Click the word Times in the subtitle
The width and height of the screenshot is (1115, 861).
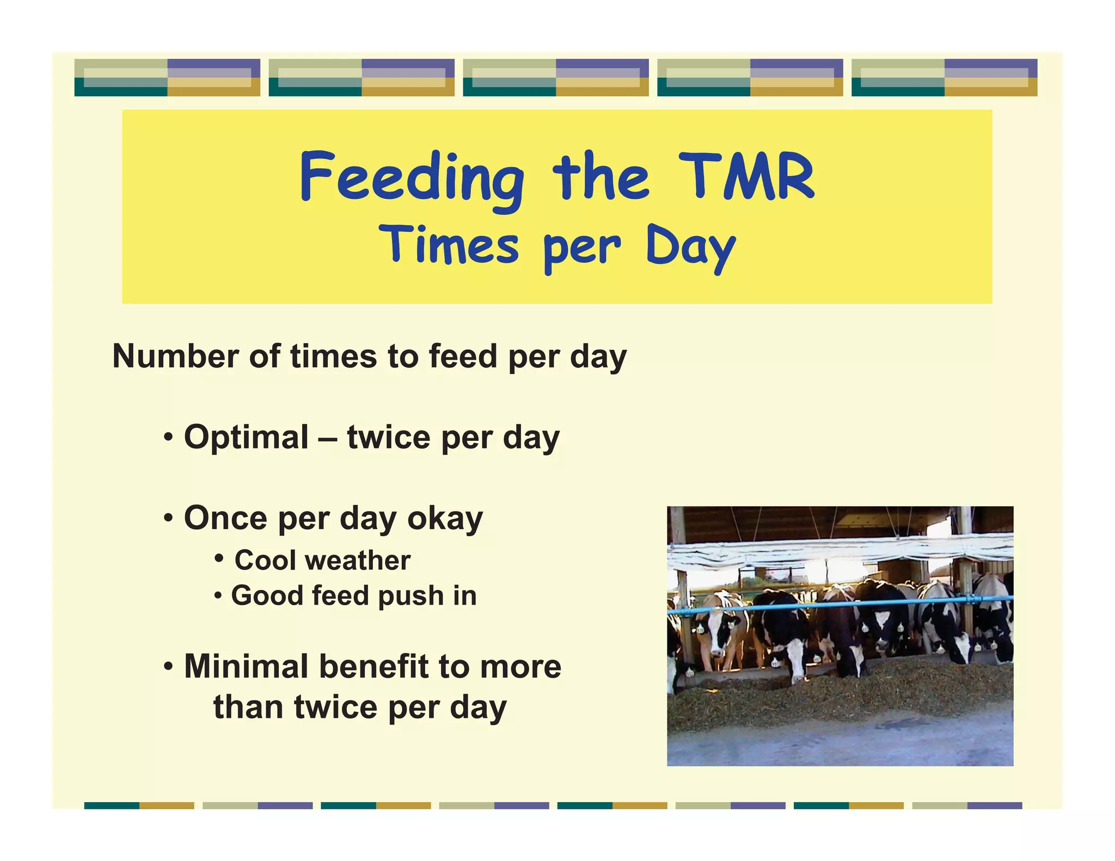tap(449, 245)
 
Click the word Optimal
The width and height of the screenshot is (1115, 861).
tap(246, 438)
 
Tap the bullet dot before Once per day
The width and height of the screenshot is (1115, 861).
tap(169, 518)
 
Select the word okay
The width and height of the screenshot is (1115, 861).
tap(445, 519)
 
